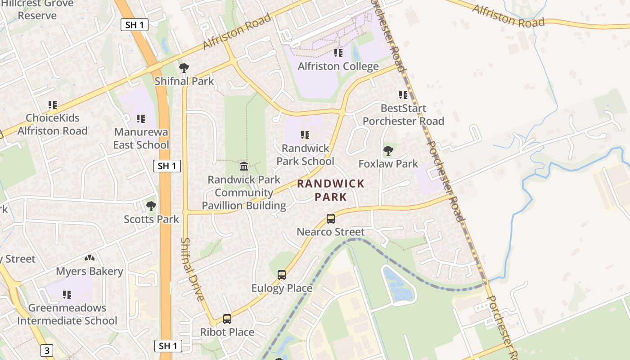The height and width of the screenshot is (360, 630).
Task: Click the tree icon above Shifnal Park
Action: click(x=184, y=68)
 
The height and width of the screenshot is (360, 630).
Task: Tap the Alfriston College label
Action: click(x=338, y=67)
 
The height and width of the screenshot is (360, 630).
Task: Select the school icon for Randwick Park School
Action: click(x=305, y=135)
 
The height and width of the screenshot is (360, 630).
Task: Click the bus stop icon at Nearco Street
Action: click(x=331, y=219)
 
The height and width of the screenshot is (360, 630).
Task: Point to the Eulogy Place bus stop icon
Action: click(x=282, y=274)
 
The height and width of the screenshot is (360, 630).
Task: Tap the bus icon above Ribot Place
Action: click(x=227, y=319)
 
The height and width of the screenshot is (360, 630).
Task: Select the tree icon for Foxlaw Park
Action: click(x=388, y=151)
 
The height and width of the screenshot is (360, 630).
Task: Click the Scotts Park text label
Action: click(x=151, y=220)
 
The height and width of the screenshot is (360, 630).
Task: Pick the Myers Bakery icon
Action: click(x=90, y=258)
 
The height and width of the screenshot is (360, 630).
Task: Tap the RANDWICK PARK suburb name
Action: click(x=331, y=190)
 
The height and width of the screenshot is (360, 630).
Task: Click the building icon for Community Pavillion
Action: click(x=244, y=166)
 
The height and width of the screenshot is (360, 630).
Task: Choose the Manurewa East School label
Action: click(x=141, y=139)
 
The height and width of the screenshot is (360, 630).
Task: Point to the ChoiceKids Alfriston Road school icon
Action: click(x=53, y=105)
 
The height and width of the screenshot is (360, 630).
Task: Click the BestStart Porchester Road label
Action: click(x=403, y=115)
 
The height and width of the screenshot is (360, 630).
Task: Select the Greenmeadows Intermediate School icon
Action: click(x=67, y=295)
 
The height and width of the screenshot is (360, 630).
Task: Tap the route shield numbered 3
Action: click(x=47, y=350)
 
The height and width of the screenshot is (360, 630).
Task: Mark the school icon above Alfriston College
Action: click(x=338, y=53)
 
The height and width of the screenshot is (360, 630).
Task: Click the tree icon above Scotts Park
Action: click(x=151, y=206)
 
